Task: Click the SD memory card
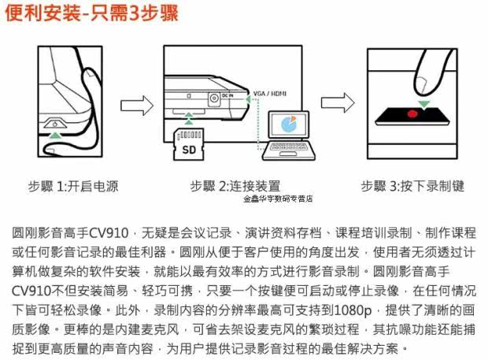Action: coord(189,144)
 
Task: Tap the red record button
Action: coord(412,114)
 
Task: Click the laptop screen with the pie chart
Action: coord(289,124)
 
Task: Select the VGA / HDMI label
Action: coord(269,94)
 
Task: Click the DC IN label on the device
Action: coord(227,95)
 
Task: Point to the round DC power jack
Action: coord(213,98)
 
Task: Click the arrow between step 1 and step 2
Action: coord(137,106)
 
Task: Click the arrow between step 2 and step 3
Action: coord(338,102)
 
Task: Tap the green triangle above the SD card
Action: coord(189,118)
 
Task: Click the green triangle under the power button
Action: coord(55,135)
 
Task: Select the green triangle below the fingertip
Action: coord(424,104)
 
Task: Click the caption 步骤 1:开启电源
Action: coord(73,186)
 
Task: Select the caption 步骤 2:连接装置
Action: coord(235,186)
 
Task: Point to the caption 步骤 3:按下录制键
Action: coord(412,186)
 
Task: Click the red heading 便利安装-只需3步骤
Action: coord(91,13)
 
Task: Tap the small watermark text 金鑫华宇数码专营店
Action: coord(278,199)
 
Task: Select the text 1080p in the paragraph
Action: coord(353,310)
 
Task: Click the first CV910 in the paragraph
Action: coord(109,233)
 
